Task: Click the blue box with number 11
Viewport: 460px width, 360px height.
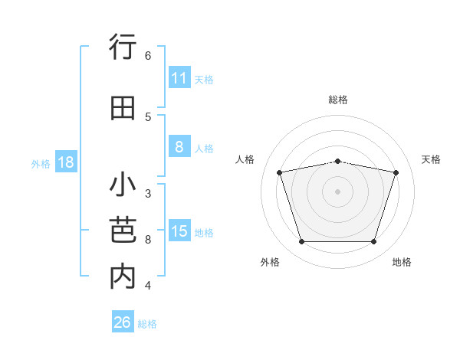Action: tap(179, 78)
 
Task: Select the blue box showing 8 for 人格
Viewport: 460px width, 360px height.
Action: tap(179, 147)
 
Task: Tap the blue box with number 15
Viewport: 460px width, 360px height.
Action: tap(179, 231)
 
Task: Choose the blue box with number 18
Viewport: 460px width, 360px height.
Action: tap(65, 162)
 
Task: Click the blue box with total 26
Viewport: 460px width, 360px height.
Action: tap(123, 322)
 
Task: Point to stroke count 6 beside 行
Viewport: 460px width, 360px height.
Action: tap(148, 55)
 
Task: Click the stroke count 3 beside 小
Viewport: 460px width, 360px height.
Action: tap(148, 194)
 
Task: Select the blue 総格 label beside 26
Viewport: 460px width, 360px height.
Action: tap(147, 324)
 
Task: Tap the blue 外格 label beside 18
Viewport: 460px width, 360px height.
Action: tap(41, 163)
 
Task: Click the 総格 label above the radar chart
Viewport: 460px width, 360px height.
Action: tap(338, 100)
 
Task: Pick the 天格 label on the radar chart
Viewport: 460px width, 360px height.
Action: tap(431, 159)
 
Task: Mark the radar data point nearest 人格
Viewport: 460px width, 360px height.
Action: tap(280, 172)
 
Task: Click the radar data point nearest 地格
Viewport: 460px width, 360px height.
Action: tap(373, 242)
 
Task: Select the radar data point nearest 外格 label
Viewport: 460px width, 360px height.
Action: tap(301, 242)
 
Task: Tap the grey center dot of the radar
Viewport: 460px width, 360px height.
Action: tap(337, 191)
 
